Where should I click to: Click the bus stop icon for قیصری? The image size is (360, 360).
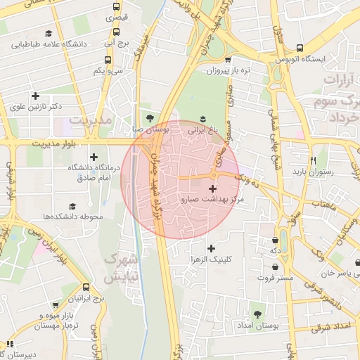[117, 8]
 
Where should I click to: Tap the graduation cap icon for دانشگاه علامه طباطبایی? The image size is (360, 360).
[49, 33]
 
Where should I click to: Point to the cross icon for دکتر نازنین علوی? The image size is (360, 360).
[34, 96]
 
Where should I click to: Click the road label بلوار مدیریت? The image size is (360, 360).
[51, 143]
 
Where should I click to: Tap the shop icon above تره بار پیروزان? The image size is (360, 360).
[231, 60]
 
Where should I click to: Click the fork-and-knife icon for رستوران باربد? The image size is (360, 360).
[314, 160]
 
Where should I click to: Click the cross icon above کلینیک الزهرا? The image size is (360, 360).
[211, 248]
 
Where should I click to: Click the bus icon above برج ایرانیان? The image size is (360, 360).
[86, 288]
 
